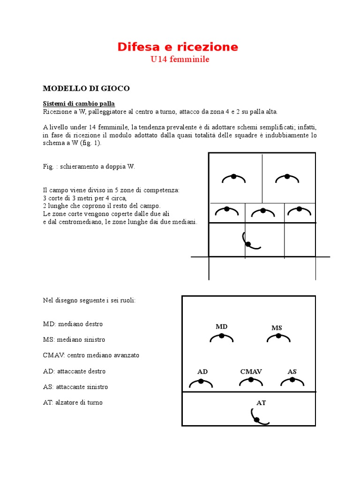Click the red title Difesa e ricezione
coord(178,47)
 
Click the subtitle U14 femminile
coord(180,60)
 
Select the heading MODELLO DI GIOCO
coord(86,88)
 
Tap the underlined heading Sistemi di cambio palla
coord(79,103)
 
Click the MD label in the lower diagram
coord(221,326)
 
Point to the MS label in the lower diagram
coord(277,328)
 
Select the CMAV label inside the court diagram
coord(251,371)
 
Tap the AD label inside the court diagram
coord(202,371)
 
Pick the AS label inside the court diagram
coord(292,371)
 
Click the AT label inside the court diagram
coord(261,402)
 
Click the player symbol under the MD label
coord(221,337)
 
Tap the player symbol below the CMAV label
coord(251,382)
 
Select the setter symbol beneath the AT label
coord(258,417)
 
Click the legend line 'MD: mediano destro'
coord(73,324)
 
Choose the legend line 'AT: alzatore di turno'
coord(73,402)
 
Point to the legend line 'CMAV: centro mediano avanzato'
coord(91,355)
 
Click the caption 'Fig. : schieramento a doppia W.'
coord(89,166)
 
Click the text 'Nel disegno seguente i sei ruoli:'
coord(89,300)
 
